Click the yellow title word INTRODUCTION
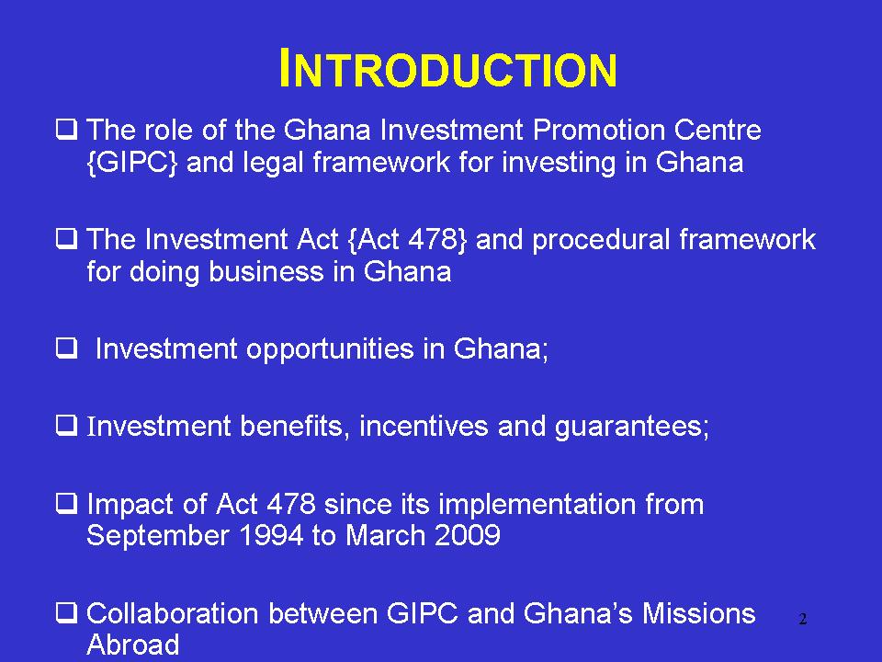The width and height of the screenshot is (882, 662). [447, 69]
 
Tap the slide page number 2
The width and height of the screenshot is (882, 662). [803, 619]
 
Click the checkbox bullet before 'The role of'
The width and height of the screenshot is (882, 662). [66, 130]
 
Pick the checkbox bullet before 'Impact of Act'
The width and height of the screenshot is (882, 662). [66, 503]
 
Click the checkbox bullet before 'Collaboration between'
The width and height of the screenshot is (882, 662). [66, 612]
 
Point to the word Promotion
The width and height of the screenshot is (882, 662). [598, 130]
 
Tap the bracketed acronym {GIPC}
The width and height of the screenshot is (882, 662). [132, 163]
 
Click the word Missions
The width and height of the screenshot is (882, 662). [698, 613]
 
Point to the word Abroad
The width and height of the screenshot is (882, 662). [133, 645]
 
